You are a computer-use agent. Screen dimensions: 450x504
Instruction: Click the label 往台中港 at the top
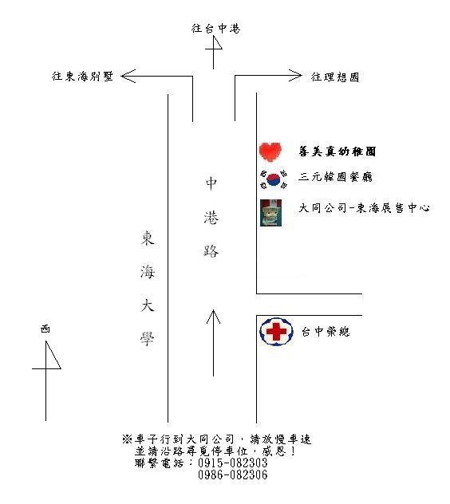click(x=215, y=28)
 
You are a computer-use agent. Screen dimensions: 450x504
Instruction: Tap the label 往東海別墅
click(x=83, y=77)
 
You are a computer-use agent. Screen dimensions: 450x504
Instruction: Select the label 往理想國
click(x=335, y=77)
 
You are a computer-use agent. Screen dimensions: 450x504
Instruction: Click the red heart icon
click(x=270, y=152)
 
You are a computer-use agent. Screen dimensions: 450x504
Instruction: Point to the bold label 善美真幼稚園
click(x=337, y=151)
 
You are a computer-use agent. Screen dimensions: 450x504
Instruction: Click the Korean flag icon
click(x=274, y=179)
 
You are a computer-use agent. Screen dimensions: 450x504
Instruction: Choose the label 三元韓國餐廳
click(x=335, y=176)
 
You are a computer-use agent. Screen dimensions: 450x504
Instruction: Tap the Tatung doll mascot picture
click(x=270, y=212)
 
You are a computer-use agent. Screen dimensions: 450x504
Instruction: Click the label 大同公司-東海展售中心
click(x=364, y=208)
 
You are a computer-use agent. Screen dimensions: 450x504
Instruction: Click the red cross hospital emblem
click(x=276, y=332)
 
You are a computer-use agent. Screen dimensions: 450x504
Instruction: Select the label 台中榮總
click(x=326, y=332)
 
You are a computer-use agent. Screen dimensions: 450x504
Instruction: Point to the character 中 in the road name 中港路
click(x=211, y=183)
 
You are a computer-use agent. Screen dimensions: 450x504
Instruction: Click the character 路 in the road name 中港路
click(x=211, y=250)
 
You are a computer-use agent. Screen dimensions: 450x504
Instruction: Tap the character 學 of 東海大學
click(x=148, y=338)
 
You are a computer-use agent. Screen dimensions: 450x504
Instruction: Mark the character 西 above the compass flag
click(x=45, y=329)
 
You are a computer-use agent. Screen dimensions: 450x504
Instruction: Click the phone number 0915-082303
click(x=232, y=463)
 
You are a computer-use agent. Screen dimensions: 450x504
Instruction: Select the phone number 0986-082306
click(x=232, y=474)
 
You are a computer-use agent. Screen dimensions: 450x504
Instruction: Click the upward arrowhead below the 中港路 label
click(x=213, y=317)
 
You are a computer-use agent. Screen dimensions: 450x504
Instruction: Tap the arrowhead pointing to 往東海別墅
click(x=128, y=77)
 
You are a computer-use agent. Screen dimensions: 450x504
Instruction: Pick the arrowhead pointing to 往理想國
click(x=295, y=76)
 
